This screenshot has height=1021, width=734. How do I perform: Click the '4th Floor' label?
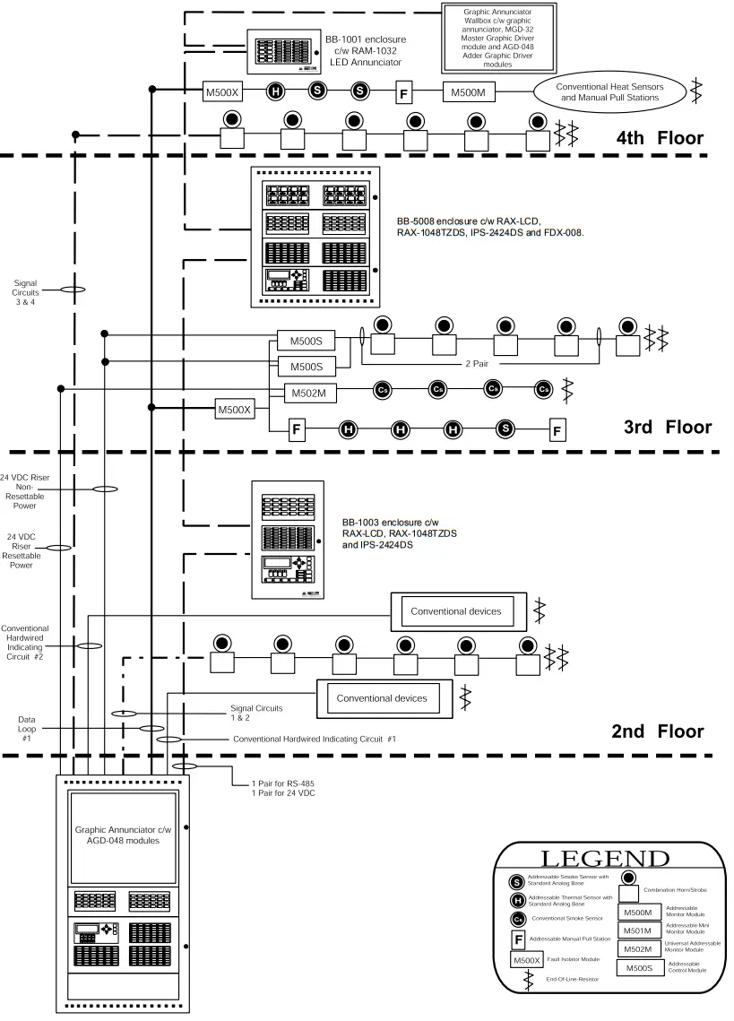660,138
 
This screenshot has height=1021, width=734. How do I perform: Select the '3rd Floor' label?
667,427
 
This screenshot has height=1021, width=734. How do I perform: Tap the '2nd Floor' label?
658,731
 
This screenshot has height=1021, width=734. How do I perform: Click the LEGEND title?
605,858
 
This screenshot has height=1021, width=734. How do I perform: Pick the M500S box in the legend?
640,968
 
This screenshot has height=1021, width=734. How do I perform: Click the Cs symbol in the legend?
518,919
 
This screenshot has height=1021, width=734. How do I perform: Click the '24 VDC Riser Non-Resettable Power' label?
25,489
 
